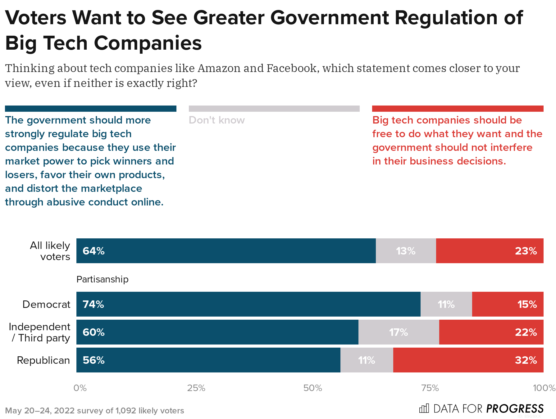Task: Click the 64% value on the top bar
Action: pos(93,251)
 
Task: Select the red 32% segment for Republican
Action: pos(468,360)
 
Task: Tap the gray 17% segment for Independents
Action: pos(399,332)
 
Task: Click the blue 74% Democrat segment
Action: pos(248,304)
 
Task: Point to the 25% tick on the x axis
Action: pos(196,388)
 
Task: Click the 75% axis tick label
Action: pos(430,388)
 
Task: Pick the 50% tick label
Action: pos(312,388)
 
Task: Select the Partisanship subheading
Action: pos(102,279)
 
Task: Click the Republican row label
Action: pos(43,360)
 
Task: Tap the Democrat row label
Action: pos(46,304)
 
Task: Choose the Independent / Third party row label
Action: pos(39,332)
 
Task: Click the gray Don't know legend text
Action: pos(216,120)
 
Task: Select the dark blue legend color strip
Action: pos(90,109)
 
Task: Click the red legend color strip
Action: pos(458,109)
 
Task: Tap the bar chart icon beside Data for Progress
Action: pos(424,408)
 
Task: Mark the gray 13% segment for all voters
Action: pos(406,251)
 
